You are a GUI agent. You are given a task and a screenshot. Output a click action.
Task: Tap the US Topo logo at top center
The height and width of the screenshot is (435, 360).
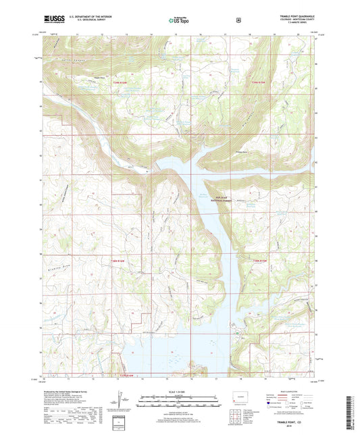pos(179,21)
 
